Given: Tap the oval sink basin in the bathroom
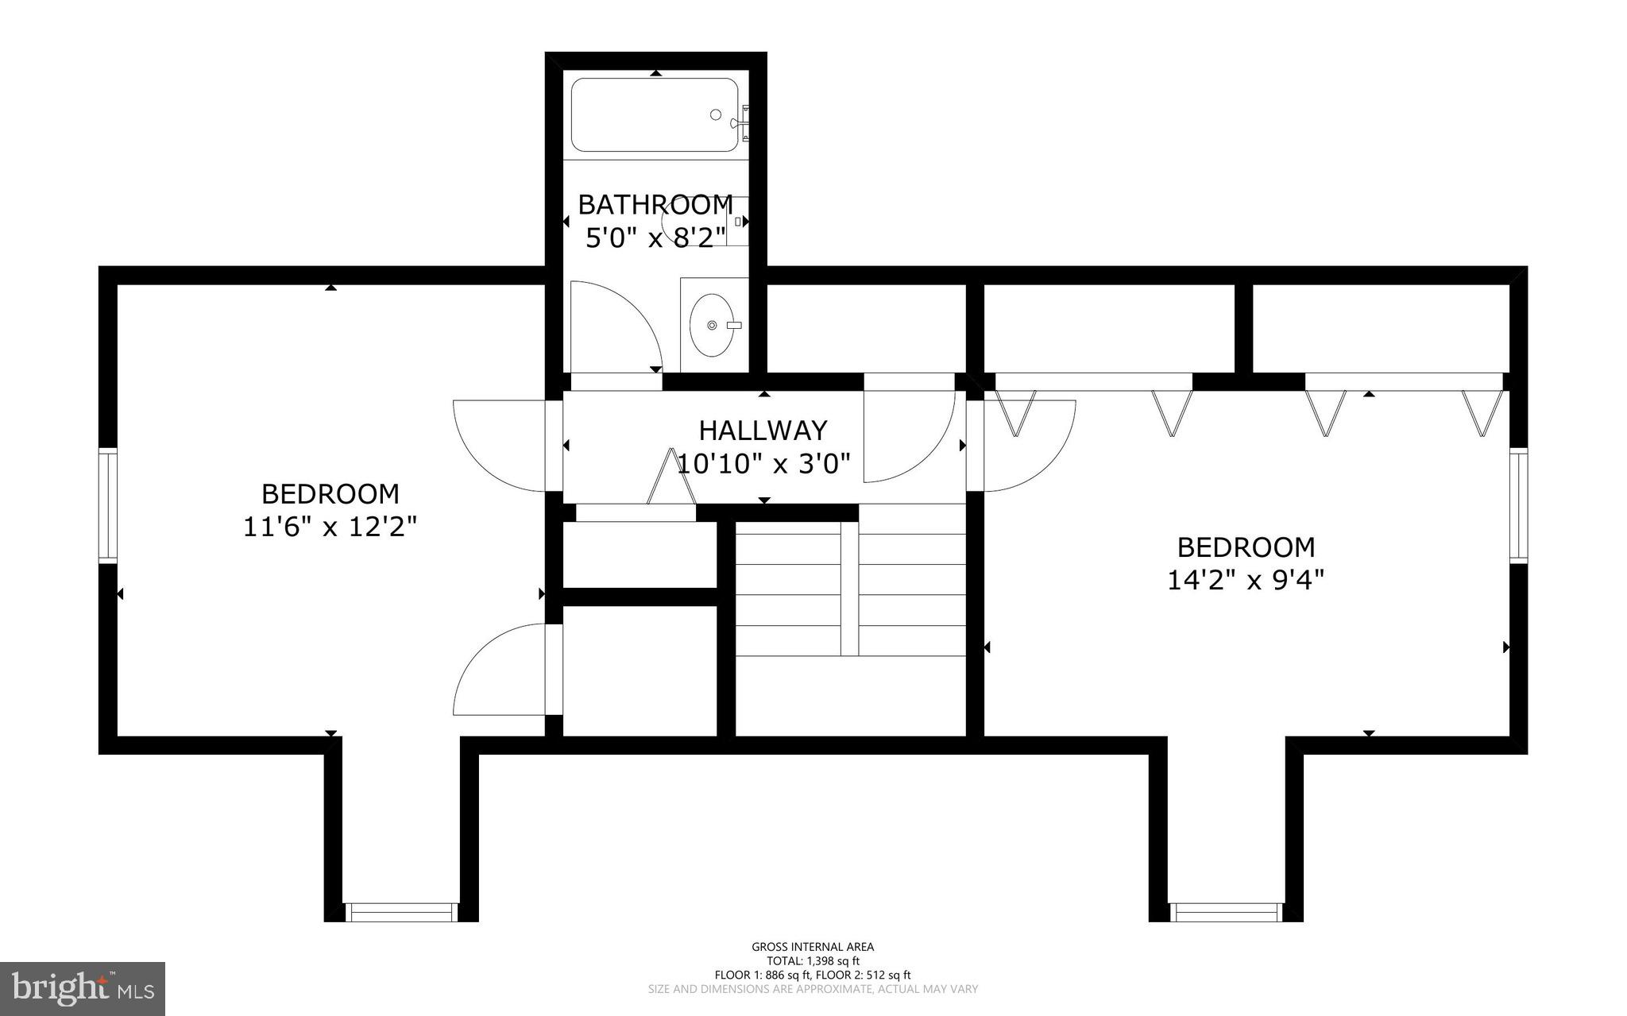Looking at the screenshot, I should pos(713,325).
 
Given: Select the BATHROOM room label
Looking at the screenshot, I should pos(655,205).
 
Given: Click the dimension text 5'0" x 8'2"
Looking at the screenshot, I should pos(655,237).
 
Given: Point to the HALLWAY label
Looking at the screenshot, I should pos(763,431).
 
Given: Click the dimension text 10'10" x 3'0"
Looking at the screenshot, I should pos(763,463).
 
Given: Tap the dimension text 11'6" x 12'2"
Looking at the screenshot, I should pos(330,527).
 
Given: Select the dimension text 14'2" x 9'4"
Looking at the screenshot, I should pos(1245,580).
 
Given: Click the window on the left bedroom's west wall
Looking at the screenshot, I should pos(108,506).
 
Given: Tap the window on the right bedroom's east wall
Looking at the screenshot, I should pos(1518,506).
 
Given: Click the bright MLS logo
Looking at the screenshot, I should pos(83,988).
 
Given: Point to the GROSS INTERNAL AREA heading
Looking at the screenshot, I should pos(813,946).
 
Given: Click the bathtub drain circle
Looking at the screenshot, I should pos(715,115).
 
